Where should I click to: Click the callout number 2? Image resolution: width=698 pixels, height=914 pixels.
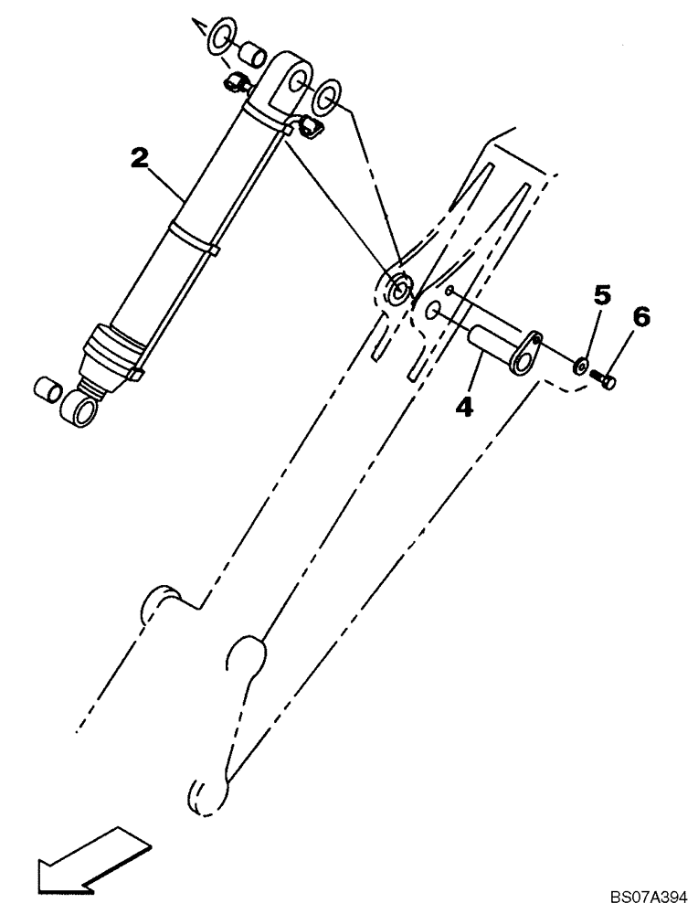[139, 158]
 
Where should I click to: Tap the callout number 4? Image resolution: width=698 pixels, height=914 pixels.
[465, 406]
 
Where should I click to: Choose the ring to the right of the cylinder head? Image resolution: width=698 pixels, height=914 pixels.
[327, 94]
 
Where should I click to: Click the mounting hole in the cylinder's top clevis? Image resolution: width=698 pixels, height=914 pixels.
[296, 85]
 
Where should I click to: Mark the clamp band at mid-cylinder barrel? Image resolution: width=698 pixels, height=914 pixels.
[194, 239]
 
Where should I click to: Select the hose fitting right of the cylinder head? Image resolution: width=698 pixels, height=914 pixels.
[309, 126]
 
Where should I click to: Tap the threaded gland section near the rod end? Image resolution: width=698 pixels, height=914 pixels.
[112, 352]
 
